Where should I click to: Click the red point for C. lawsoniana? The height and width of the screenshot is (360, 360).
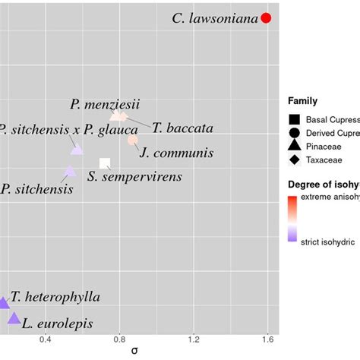pos(266,18)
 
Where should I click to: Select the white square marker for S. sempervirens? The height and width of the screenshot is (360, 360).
pos(105,163)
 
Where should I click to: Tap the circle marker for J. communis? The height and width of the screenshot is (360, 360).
pos(133,139)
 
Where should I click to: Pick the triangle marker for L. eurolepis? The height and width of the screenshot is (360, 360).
pos(14,318)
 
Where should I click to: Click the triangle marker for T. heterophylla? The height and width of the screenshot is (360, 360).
pos(3,303)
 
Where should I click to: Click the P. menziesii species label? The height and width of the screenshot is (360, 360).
pos(105,103)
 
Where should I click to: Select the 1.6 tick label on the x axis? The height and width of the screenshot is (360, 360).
pos(267,339)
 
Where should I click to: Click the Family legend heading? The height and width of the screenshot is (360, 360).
pos(302,101)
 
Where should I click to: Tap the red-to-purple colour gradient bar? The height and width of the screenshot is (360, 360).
pos(293,216)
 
